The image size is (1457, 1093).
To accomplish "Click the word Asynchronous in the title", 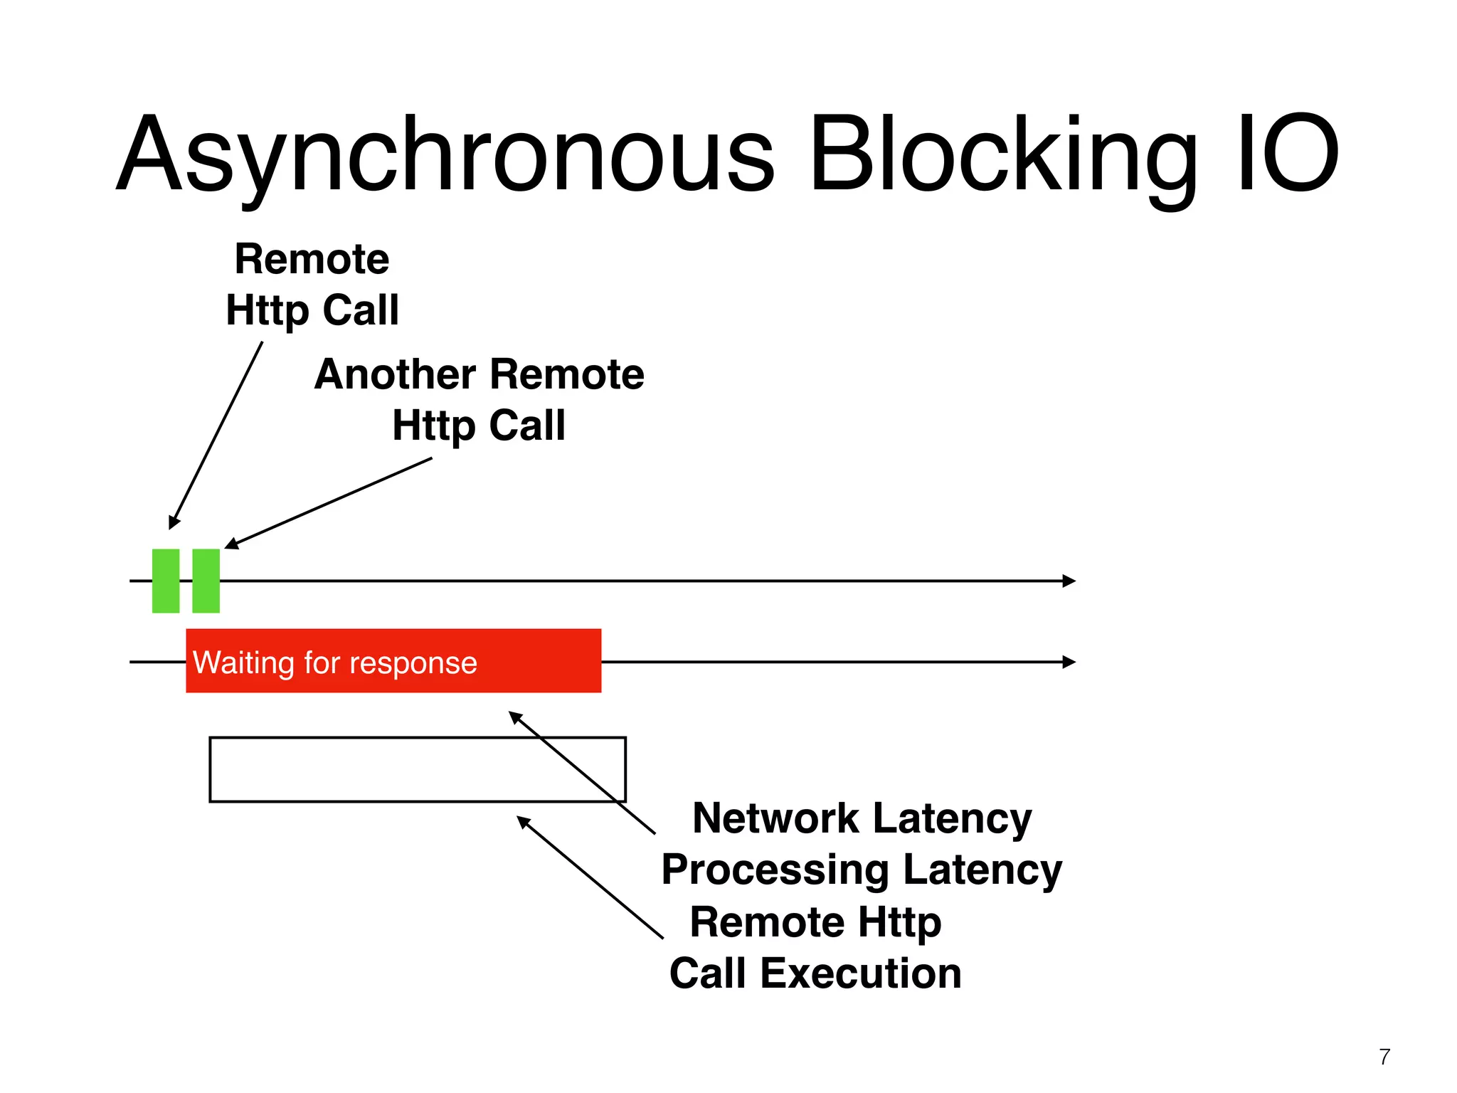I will click(445, 155).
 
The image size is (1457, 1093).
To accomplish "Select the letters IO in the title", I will click(1288, 155).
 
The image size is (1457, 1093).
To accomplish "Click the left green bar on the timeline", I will click(166, 581).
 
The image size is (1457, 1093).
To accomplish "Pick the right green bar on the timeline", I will click(206, 581).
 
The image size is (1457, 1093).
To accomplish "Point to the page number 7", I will click(1384, 1057).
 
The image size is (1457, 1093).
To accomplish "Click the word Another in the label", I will click(395, 374).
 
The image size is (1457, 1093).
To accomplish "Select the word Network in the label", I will click(775, 818).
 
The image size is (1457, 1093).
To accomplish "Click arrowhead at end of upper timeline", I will click(1069, 581).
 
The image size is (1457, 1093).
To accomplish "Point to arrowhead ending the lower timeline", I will click(1069, 662).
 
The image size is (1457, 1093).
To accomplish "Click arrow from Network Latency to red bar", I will click(582, 772).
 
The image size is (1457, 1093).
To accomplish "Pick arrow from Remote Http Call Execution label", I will click(590, 877).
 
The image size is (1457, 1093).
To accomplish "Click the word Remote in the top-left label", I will click(312, 259).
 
